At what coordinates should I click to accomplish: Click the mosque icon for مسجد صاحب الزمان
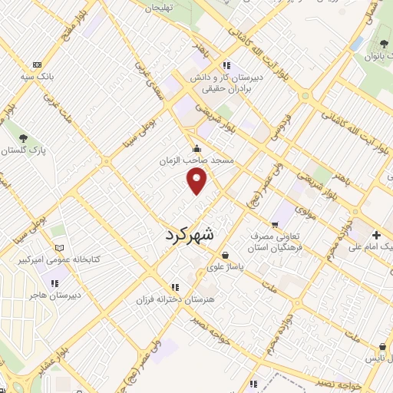coord(198,149)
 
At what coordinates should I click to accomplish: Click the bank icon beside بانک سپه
coord(37,64)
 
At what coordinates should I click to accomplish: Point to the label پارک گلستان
coord(23,150)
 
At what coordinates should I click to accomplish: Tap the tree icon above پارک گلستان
coord(24,138)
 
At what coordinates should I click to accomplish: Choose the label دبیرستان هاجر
coord(50,294)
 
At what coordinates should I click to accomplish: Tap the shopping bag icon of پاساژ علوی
coord(224,256)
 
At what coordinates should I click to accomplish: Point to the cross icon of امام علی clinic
coord(376,235)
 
